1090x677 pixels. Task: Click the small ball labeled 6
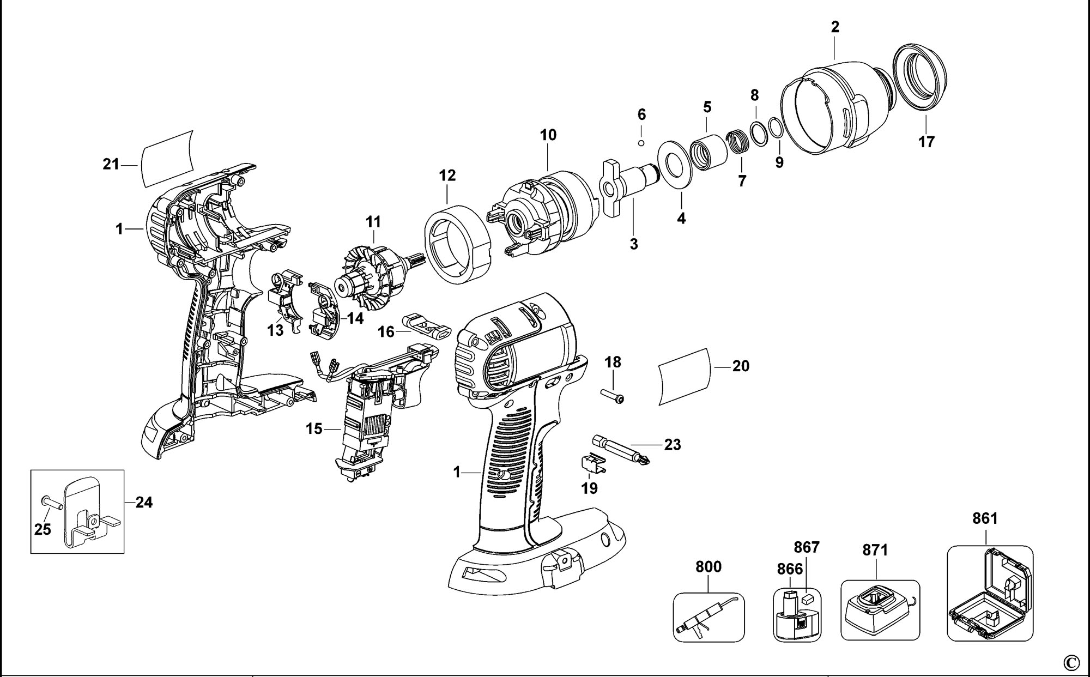pyautogui.click(x=641, y=143)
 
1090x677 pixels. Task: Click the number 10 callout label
pyautogui.click(x=548, y=135)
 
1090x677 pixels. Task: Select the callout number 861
pyautogui.click(x=985, y=518)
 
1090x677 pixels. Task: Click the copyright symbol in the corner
pyautogui.click(x=1071, y=663)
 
